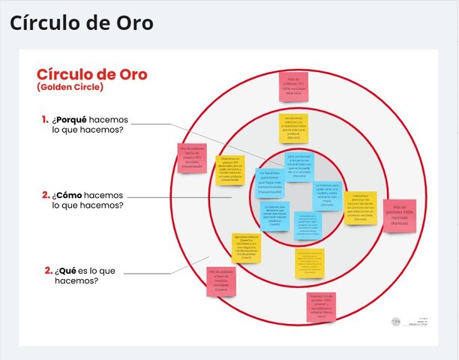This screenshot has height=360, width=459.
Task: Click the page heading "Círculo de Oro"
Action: coord(81,23)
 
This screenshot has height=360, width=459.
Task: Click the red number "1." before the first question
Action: coord(45,119)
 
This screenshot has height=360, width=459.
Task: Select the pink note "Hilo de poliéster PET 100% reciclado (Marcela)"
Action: coord(293,86)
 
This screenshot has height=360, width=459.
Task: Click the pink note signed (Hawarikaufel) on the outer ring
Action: coord(192,158)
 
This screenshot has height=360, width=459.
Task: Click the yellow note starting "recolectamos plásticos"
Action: coord(293,128)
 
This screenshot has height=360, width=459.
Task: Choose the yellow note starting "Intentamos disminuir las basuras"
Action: coord(361,208)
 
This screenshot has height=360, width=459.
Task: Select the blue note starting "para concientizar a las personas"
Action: coord(299,166)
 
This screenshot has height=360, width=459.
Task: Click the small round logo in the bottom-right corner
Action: coord(396,321)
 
